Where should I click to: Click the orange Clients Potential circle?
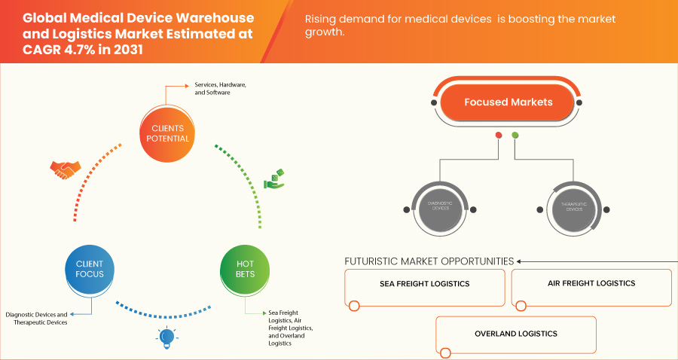[x=165, y=133]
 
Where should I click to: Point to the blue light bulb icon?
[x=166, y=337]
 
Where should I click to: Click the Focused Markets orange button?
[x=508, y=102]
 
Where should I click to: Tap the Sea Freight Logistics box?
[x=424, y=285]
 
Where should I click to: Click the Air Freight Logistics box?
[x=591, y=284]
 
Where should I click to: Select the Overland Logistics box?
[x=515, y=334]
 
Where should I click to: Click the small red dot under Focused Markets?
[x=499, y=136]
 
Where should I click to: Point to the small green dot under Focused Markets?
[x=515, y=136]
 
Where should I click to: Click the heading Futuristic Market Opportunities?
[x=429, y=261]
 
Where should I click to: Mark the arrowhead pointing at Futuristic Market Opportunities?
[x=520, y=261]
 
